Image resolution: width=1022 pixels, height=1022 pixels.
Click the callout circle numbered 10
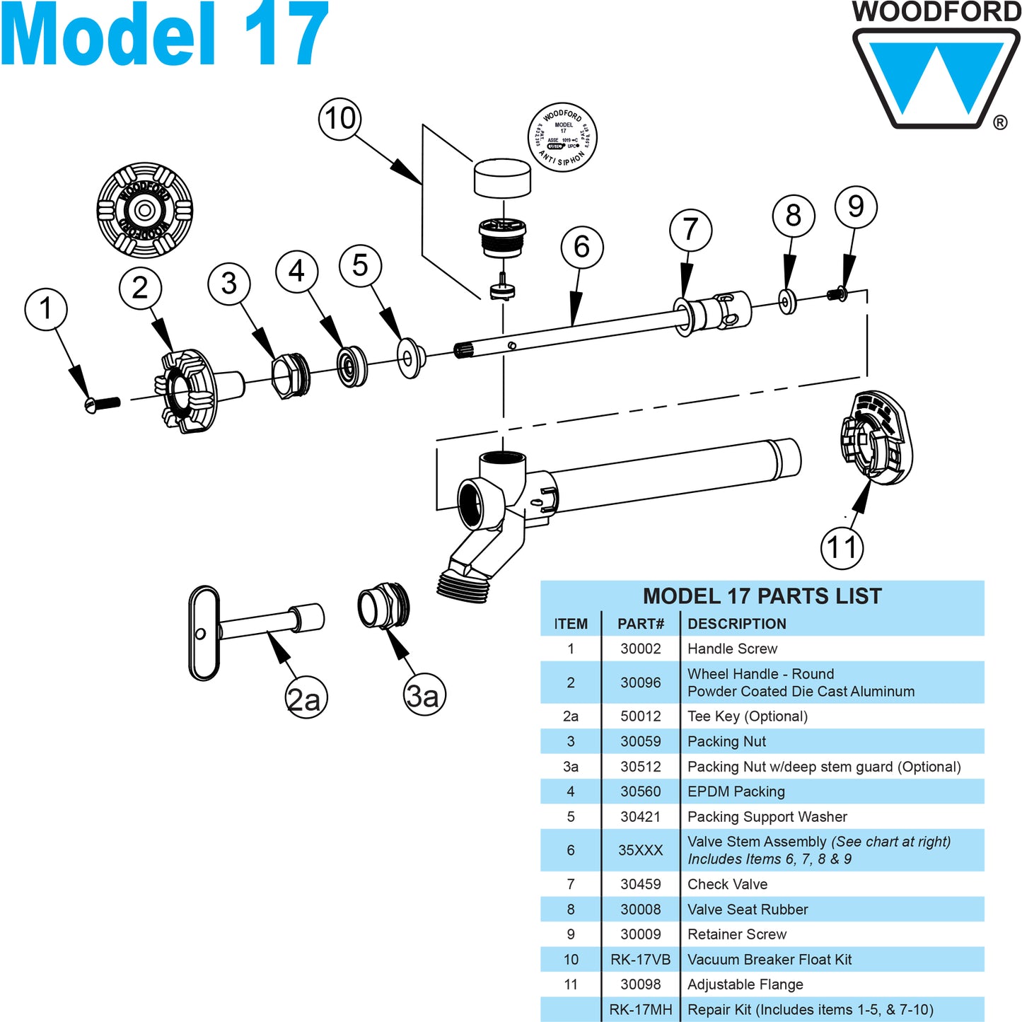[x=339, y=119]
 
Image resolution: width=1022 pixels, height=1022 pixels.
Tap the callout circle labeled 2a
[x=306, y=698]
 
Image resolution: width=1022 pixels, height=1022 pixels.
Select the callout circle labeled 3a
[x=424, y=695]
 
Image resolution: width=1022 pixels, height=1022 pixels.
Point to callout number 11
[x=842, y=547]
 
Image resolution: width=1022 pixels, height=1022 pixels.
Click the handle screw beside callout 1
[x=102, y=404]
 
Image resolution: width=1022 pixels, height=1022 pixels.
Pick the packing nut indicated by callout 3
[x=291, y=376]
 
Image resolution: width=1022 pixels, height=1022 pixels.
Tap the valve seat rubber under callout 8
[x=787, y=302]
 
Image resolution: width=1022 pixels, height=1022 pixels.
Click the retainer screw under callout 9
[x=837, y=293]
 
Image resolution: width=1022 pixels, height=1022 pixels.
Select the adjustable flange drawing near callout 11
[x=876, y=439]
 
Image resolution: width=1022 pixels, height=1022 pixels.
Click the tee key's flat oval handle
[x=204, y=633]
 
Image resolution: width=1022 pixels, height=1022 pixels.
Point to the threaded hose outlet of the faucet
[x=463, y=584]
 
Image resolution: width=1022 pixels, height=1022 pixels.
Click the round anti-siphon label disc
[x=563, y=137]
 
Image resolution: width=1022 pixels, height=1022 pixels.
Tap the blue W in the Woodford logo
[x=935, y=78]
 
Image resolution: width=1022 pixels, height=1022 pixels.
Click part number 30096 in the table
[x=640, y=683]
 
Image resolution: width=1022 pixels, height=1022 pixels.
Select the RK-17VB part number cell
[x=640, y=960]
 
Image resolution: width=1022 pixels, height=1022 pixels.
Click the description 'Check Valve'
[x=727, y=884]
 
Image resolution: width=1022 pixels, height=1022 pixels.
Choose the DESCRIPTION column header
[x=736, y=624]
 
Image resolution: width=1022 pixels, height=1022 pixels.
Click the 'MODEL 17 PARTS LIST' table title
[x=762, y=596]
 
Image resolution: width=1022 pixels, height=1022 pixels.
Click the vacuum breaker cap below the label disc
[x=502, y=178]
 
